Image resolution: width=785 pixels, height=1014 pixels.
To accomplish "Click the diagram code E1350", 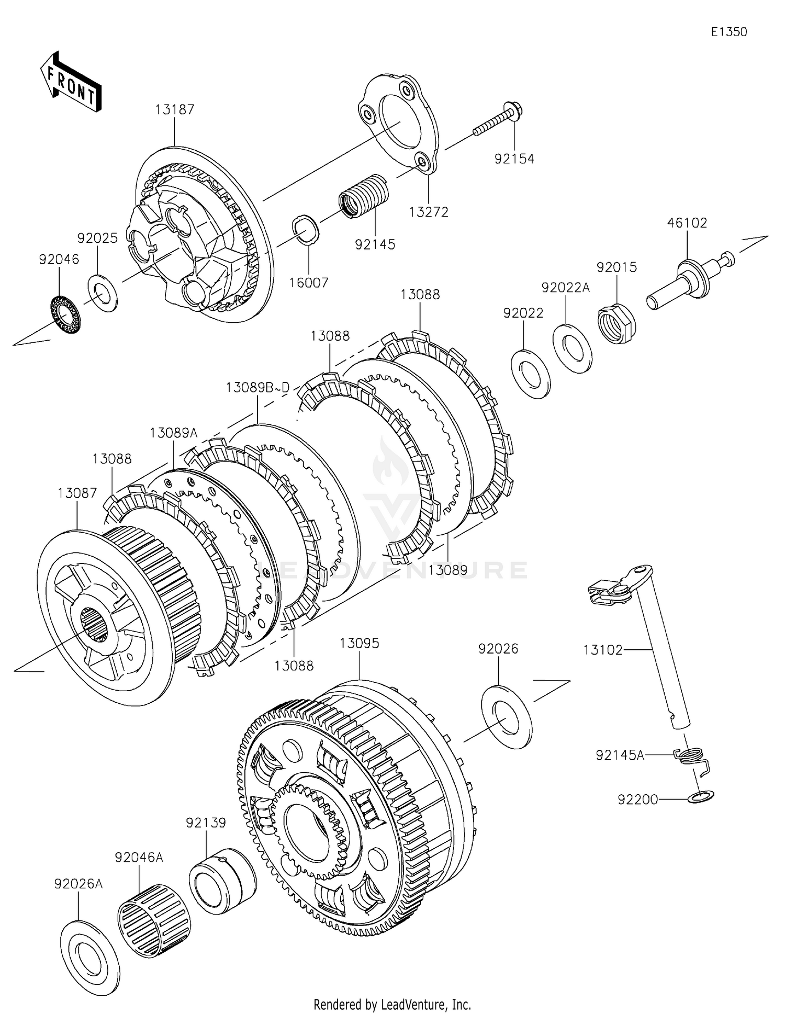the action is click(729, 32).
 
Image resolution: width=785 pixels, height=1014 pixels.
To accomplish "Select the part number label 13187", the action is click(175, 109).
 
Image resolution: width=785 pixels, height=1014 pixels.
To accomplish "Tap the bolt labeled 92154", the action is click(499, 120).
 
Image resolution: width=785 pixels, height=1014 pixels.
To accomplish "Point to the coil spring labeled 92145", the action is click(365, 195).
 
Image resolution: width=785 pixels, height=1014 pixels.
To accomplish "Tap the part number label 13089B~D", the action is click(257, 388).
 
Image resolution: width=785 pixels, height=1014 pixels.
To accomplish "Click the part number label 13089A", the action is click(174, 433).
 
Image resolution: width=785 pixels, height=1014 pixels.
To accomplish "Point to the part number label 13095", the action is click(359, 643).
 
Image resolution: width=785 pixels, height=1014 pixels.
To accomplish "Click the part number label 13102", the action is click(603, 650).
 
